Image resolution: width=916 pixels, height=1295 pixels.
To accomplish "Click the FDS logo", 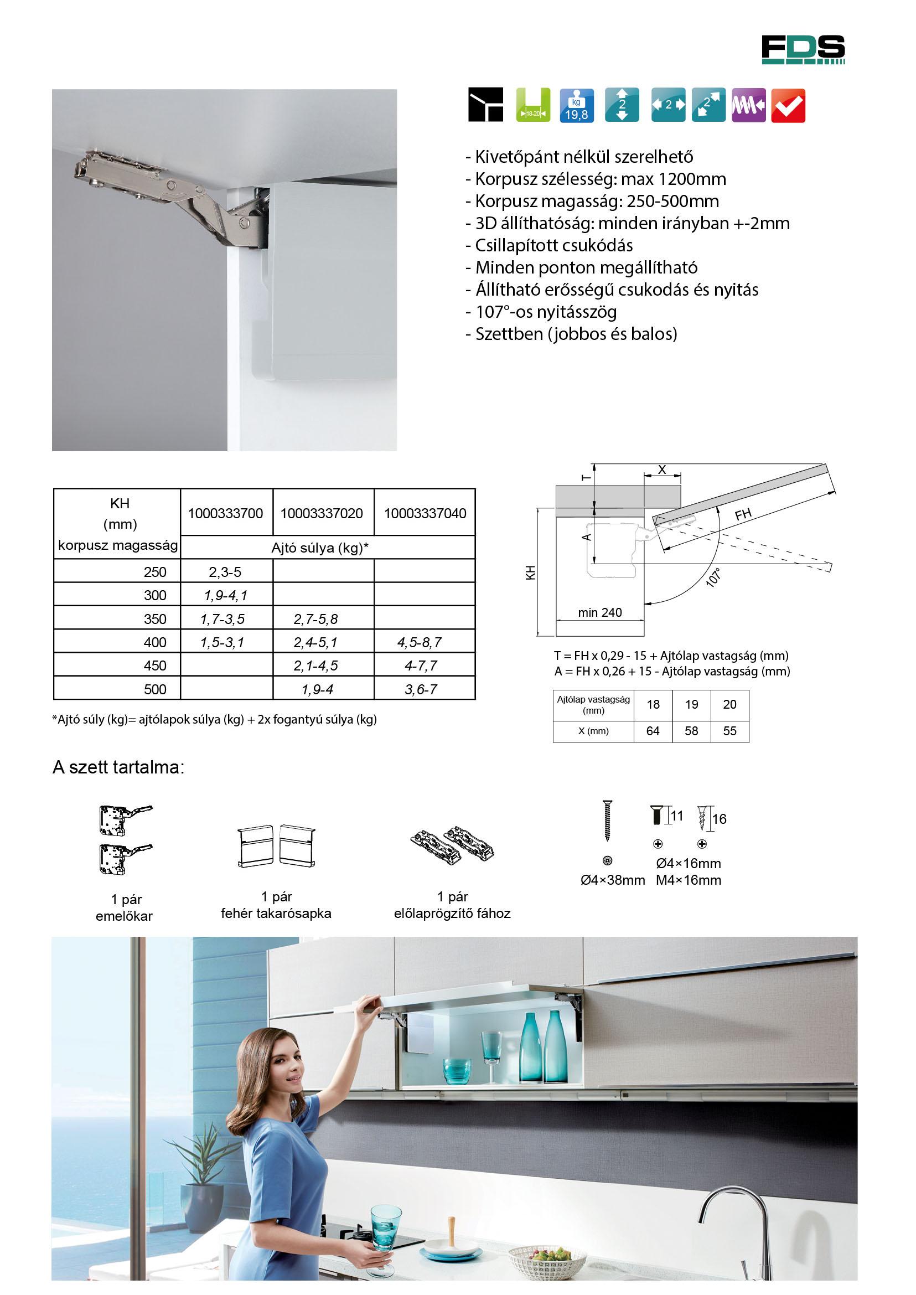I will click(803, 50).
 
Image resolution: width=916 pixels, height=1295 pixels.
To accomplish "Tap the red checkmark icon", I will click(788, 106).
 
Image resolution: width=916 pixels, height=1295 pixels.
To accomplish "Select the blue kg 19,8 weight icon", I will click(577, 106).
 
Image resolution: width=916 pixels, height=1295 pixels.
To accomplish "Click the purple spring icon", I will click(748, 106).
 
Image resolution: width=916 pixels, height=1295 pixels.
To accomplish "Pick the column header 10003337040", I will click(425, 513).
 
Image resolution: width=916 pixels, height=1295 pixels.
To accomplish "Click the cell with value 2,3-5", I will click(225, 571).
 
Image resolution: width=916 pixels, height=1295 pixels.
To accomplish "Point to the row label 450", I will click(155, 666).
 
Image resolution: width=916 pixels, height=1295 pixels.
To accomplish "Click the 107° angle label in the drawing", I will click(715, 579).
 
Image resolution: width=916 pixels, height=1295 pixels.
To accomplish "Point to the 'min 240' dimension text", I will click(599, 612).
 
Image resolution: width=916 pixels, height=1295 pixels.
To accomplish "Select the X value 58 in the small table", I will click(691, 731).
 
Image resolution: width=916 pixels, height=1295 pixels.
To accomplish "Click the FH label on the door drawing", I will click(743, 514).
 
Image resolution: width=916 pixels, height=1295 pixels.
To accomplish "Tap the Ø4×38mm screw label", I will click(613, 880).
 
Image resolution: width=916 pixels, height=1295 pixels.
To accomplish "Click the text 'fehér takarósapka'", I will click(276, 913).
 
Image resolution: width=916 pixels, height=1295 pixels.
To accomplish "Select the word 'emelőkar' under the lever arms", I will click(124, 916).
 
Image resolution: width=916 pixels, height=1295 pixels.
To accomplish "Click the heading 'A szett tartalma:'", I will click(118, 768).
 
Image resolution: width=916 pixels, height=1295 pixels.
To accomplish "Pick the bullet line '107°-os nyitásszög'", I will click(546, 312).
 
